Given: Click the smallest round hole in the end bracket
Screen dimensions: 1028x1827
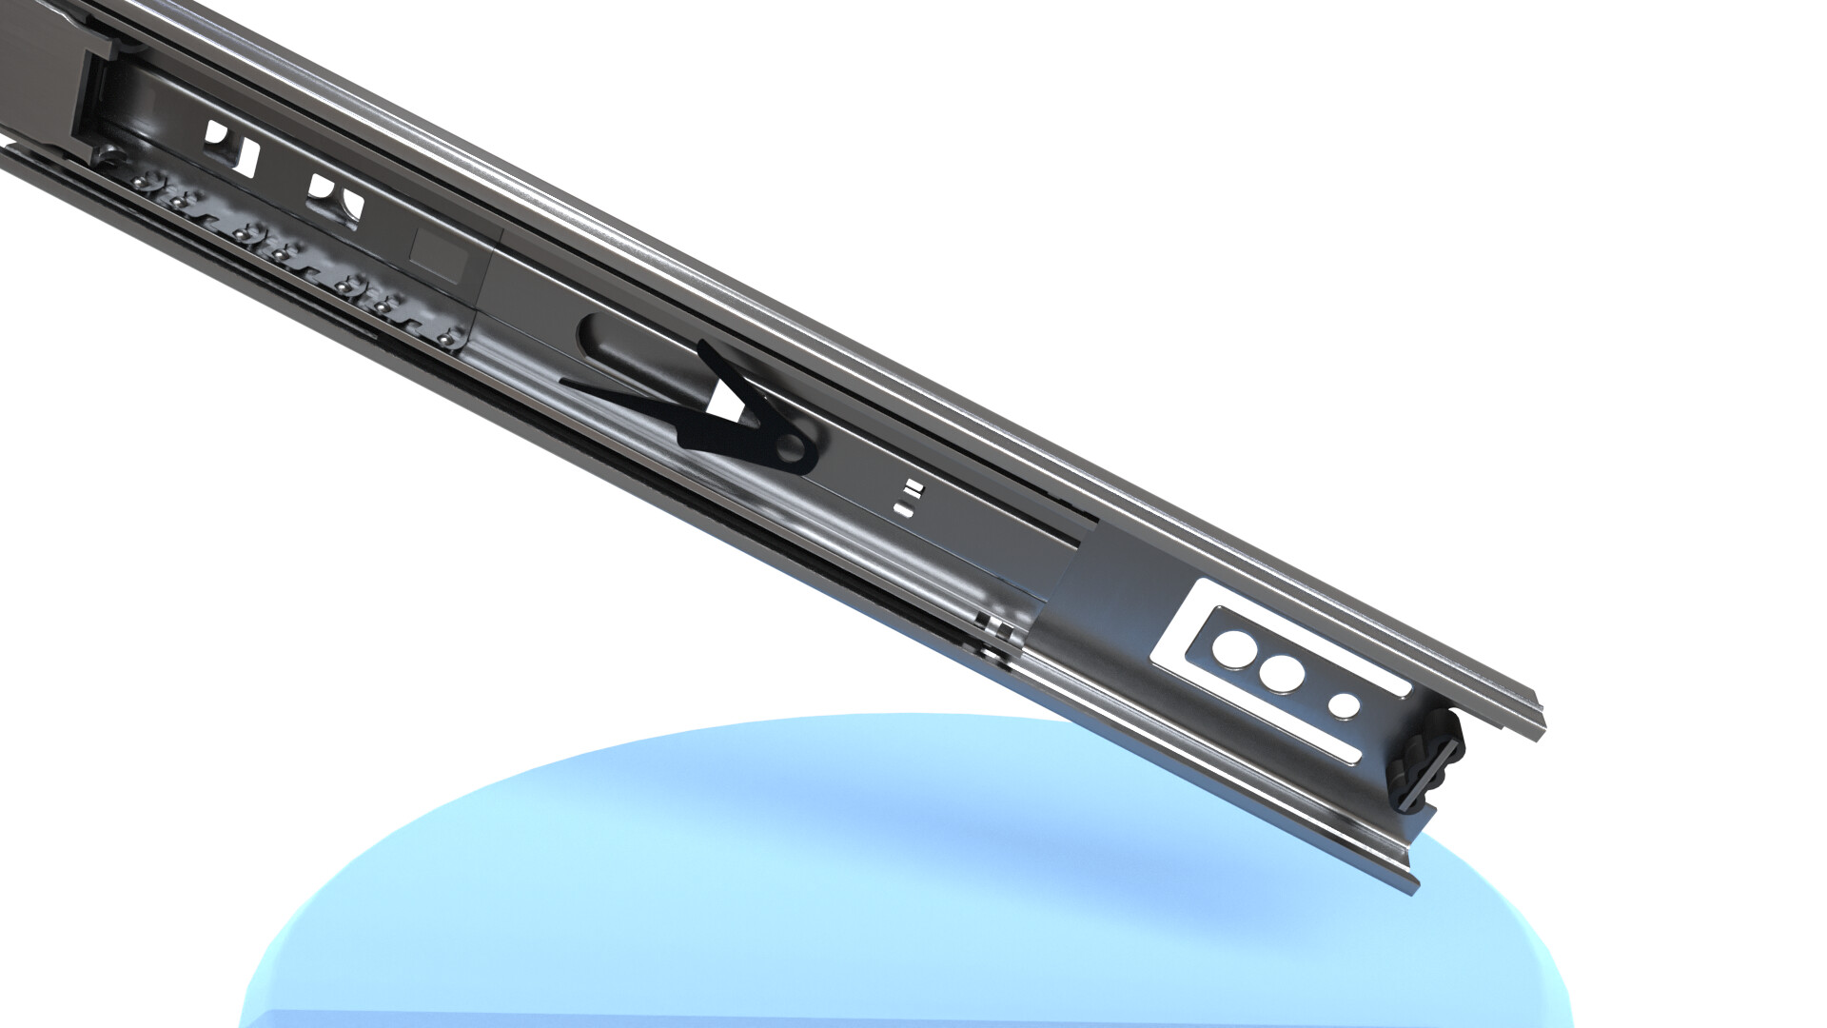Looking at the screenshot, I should (x=1344, y=705).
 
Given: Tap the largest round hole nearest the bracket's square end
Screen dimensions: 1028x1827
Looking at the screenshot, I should (x=1233, y=649).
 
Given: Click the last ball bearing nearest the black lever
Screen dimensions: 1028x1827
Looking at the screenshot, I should (x=444, y=335).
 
